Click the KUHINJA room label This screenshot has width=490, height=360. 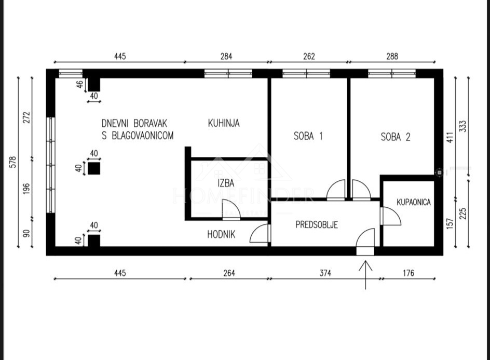coord(224,123)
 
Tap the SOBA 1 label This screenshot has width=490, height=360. coord(308,136)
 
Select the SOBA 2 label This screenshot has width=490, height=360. coord(396,137)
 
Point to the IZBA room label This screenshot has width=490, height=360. coord(226,183)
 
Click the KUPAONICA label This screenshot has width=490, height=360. coord(413,202)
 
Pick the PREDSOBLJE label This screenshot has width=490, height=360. coord(317,224)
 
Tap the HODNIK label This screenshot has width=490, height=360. coord(221,234)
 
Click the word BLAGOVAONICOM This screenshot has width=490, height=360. coord(143,136)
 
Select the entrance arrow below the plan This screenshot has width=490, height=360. coord(365,275)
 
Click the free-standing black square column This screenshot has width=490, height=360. coord(94,168)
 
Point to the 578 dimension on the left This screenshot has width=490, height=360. coord(13,162)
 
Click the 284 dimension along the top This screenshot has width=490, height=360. coord(226,56)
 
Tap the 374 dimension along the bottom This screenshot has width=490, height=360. coord(325,273)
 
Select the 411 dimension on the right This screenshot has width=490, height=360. coord(450,138)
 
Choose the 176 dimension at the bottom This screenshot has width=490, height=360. coord(409,273)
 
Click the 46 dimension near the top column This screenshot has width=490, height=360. coord(80,85)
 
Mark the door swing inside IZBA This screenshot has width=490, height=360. coord(232,209)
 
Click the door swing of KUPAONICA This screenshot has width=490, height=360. coord(391,216)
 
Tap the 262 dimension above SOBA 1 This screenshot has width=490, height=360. coord(309,56)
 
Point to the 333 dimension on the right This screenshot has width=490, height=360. coord(463,126)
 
